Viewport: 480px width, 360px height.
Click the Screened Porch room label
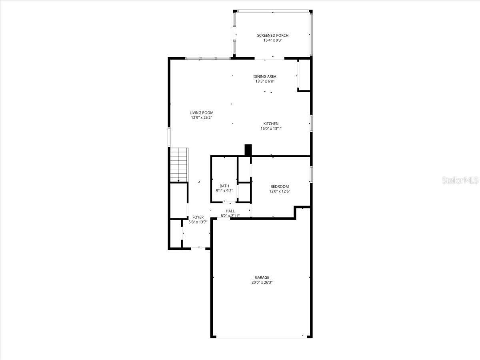(x=272, y=35)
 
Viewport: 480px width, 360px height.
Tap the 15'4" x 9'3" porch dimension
(x=272, y=40)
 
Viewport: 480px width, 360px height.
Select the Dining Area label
(x=264, y=76)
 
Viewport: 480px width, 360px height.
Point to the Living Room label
(x=201, y=113)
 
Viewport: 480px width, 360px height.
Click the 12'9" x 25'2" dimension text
(x=201, y=118)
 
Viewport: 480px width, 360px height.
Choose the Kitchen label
(x=271, y=124)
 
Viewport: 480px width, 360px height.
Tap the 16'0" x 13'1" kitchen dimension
(x=271, y=129)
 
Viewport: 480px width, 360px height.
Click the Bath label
(x=224, y=186)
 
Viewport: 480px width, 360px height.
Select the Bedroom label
(x=280, y=186)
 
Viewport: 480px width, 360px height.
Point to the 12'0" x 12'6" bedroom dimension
(x=280, y=191)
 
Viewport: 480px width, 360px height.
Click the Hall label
(x=230, y=211)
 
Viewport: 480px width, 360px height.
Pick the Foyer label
(x=198, y=217)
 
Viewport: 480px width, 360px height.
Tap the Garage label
(x=262, y=277)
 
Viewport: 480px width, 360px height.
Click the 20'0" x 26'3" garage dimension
(x=262, y=282)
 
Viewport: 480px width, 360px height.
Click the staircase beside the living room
(x=179, y=164)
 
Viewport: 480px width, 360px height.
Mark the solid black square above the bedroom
(x=248, y=150)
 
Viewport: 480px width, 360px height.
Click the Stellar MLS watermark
(x=460, y=180)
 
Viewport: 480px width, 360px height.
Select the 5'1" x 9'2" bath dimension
(x=224, y=191)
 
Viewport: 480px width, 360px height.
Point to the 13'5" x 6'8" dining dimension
(x=264, y=82)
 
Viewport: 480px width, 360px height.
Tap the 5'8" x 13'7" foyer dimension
(x=198, y=222)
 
